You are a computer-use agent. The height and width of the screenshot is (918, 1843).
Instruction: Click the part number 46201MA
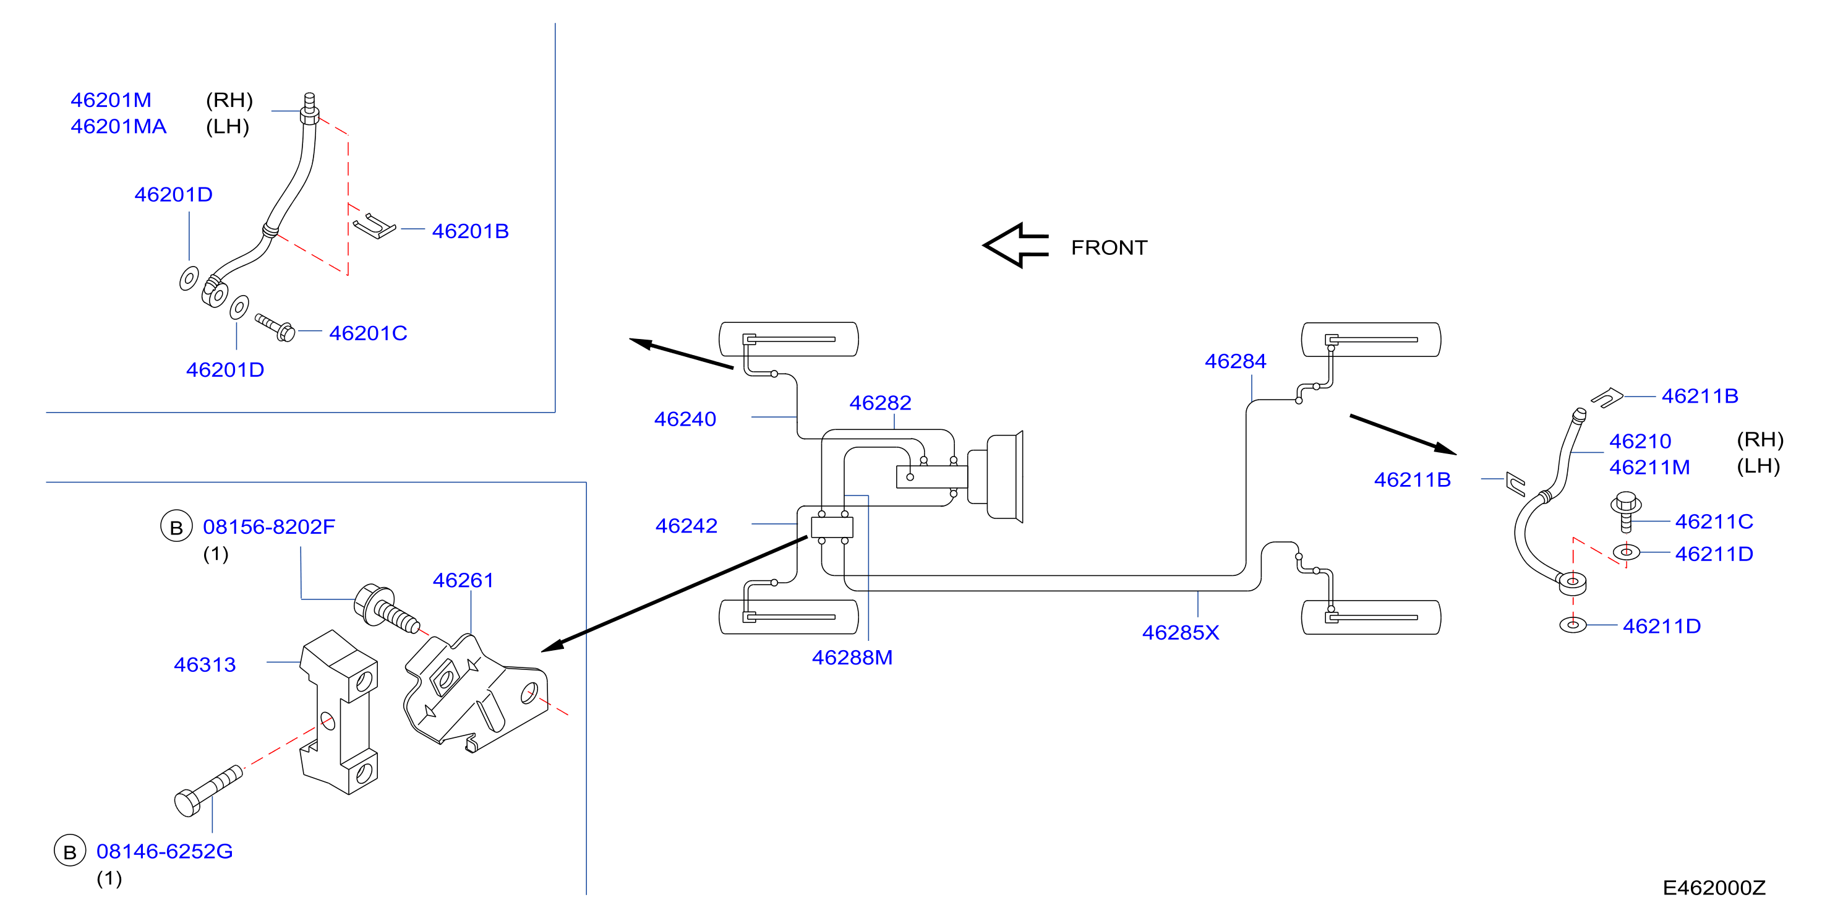(x=118, y=127)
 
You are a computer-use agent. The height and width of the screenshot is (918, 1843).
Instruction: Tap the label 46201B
(x=470, y=231)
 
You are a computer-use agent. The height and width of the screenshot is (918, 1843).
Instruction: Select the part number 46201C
(x=368, y=333)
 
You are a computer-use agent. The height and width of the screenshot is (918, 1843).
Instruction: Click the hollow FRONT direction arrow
(x=1016, y=246)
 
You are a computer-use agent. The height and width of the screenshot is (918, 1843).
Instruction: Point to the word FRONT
(x=1109, y=247)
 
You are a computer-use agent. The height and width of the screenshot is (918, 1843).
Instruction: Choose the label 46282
(x=880, y=403)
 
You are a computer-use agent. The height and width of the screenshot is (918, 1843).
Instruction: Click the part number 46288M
(x=852, y=658)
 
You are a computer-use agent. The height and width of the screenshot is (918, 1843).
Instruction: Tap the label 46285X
(x=1181, y=632)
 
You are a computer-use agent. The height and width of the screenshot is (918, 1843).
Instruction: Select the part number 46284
(x=1236, y=361)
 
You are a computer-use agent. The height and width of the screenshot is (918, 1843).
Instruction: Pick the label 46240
(x=685, y=419)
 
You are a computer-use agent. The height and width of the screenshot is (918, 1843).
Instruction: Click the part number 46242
(x=686, y=526)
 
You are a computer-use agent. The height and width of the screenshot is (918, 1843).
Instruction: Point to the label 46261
(x=463, y=580)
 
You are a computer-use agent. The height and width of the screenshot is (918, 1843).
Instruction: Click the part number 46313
(x=205, y=665)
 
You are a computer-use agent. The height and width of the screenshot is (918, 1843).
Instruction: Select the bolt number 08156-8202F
(x=269, y=527)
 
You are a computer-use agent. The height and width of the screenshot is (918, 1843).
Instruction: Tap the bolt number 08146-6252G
(x=165, y=851)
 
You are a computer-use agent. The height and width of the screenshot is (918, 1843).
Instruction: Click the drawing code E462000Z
(x=1714, y=888)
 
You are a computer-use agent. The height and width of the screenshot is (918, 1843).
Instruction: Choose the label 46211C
(x=1714, y=521)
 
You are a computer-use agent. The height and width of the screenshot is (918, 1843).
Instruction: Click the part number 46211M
(x=1649, y=467)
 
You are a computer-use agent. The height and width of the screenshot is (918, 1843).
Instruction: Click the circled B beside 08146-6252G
(x=70, y=851)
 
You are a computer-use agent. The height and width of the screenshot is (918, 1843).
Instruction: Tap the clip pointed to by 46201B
(x=374, y=226)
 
